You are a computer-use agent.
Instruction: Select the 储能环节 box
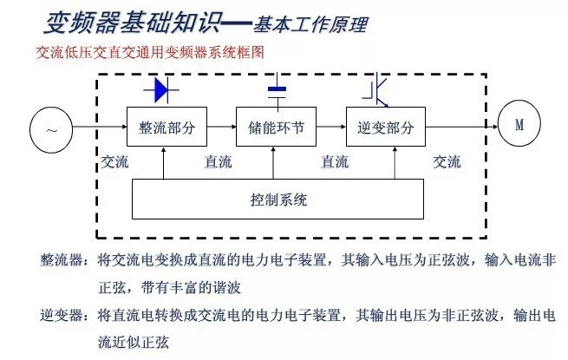click(273, 128)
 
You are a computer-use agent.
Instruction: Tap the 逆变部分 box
click(385, 128)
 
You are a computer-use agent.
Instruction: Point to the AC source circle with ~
click(50, 129)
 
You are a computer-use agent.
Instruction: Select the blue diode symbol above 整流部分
click(166, 89)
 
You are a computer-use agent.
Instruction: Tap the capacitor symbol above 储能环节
click(277, 90)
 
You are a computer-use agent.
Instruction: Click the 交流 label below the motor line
click(447, 161)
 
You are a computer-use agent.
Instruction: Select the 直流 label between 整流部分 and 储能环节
click(218, 161)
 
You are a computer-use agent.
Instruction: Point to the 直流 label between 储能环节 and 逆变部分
click(334, 161)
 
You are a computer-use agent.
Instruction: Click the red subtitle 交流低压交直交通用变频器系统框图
click(150, 53)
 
